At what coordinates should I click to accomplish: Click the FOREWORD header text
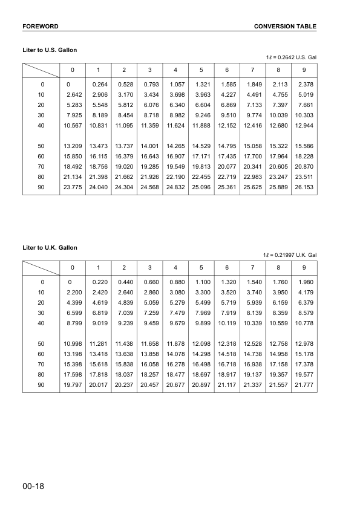tap(40, 27)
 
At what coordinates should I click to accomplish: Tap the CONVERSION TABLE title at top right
tap(285, 27)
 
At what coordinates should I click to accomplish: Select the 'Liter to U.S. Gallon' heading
tap(50, 50)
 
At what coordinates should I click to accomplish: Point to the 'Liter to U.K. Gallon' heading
tap(50, 248)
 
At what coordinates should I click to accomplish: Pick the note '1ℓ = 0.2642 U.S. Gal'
tap(291, 57)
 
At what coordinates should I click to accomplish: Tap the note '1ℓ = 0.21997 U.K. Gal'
tap(290, 255)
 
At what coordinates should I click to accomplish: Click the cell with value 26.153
tap(304, 187)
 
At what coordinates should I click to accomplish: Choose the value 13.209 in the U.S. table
tap(72, 146)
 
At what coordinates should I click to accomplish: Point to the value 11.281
tap(98, 345)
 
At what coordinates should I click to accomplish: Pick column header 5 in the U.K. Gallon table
tap(201, 267)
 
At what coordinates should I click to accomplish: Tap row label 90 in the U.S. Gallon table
tap(41, 187)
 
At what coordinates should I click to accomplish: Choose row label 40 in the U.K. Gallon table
tap(41, 323)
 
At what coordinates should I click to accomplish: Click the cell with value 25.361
tap(227, 187)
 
